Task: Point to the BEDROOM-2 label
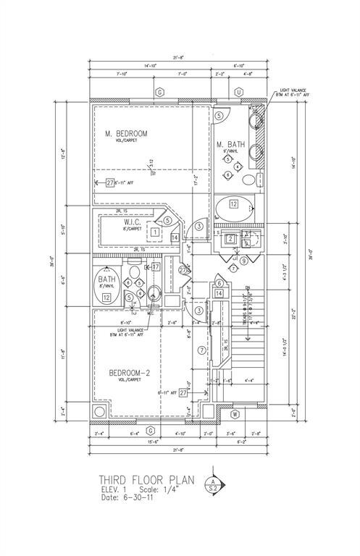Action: coord(130,373)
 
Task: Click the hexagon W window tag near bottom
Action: coord(235,415)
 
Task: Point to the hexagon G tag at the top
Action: coord(160,92)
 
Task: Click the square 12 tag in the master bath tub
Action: coord(234,205)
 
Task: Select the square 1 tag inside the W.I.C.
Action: coord(155,232)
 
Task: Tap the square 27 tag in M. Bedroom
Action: coord(110,183)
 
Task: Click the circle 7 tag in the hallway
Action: coord(201,350)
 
